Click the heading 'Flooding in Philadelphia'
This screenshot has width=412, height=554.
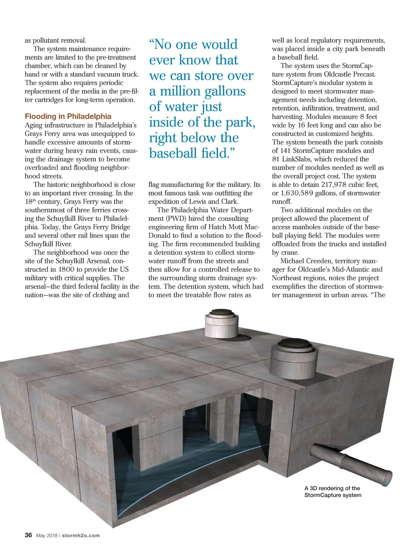(x=68, y=117)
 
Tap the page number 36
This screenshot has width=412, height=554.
(x=28, y=535)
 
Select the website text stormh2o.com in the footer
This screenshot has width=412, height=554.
(x=81, y=535)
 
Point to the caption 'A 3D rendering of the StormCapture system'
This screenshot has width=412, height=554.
(x=332, y=491)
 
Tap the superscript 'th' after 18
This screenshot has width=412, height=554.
(x=34, y=200)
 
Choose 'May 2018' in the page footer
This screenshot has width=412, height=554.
(x=47, y=535)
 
